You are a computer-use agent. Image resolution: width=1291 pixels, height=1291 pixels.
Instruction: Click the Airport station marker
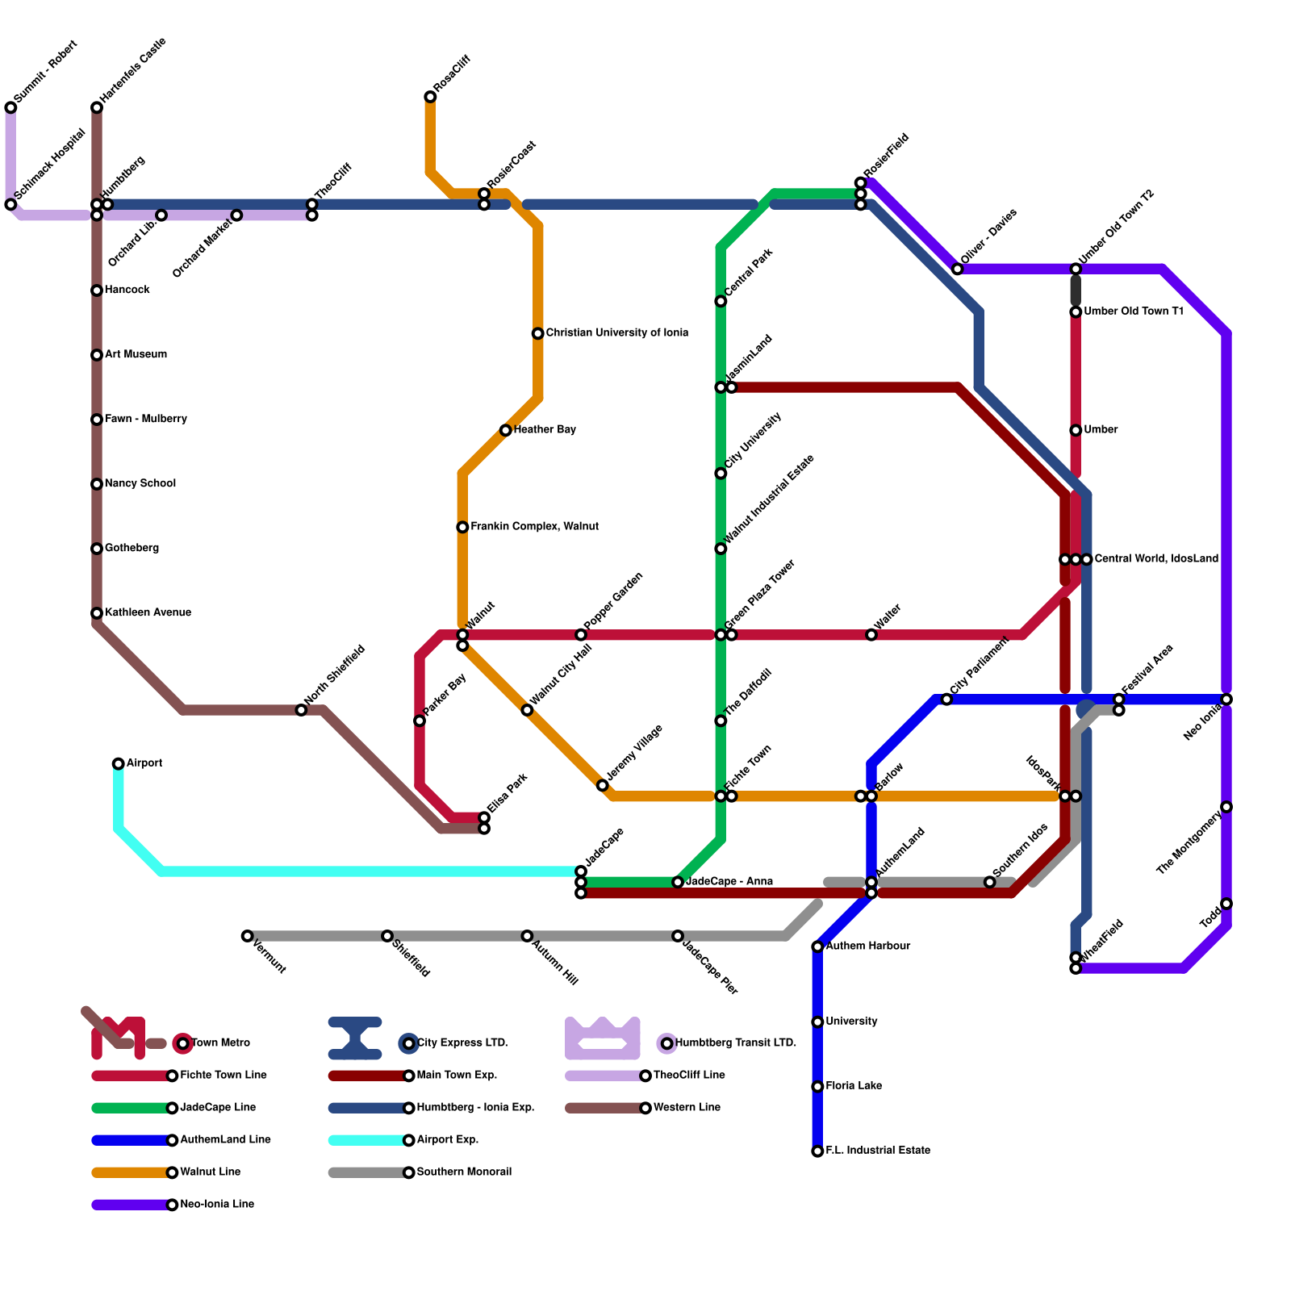119,763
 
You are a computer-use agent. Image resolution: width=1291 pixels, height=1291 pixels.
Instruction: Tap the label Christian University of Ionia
616,332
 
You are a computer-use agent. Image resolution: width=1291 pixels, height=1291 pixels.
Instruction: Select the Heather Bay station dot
506,430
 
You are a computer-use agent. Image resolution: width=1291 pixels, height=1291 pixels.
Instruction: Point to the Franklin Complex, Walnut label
534,526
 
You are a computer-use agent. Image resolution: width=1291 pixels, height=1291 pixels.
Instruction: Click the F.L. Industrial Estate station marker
817,1151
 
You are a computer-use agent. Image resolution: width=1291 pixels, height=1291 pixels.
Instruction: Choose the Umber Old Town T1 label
1133,311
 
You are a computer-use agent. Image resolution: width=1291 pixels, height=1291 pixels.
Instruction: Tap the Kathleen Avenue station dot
97,613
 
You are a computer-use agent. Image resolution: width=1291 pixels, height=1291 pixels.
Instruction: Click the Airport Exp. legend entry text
448,1139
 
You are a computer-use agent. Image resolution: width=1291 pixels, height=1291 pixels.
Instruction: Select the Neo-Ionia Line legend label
217,1204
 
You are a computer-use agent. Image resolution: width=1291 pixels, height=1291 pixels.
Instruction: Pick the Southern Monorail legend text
464,1172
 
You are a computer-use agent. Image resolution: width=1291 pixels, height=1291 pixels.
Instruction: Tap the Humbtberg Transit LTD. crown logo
603,1038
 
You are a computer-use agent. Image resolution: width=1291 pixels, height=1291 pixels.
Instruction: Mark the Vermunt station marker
248,936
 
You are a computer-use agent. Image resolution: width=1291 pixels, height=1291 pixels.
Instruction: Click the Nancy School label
140,483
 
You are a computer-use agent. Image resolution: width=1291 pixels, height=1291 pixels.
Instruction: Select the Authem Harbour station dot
817,946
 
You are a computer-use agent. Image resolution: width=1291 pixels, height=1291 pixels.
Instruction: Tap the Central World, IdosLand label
1156,558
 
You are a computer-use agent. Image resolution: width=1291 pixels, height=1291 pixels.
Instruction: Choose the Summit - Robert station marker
10,107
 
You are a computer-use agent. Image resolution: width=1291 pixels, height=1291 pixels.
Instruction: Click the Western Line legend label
687,1107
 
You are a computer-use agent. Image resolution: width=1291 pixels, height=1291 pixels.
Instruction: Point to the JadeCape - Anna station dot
678,882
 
